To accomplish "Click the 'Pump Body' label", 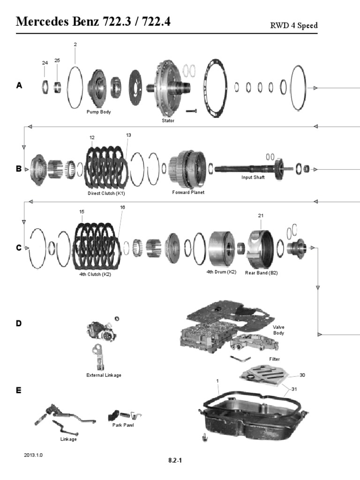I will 98,112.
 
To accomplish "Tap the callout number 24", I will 45,62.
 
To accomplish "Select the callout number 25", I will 57,60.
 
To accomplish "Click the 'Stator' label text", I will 168,120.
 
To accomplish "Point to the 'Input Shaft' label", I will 253,177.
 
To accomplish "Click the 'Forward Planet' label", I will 188,192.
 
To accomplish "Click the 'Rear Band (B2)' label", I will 261,272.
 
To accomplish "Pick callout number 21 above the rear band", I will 261,216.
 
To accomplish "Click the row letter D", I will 19,323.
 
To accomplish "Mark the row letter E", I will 19,390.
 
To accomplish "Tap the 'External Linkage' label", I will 104,375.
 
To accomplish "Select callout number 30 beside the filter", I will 302,375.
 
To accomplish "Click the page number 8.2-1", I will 175,460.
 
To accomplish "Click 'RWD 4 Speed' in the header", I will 294,25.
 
